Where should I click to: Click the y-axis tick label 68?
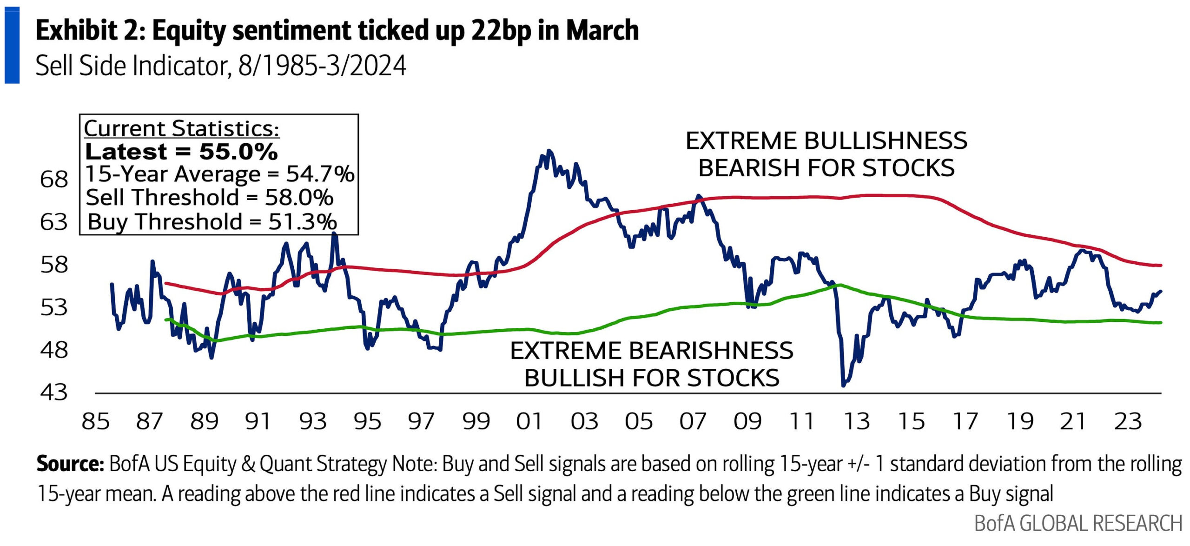(54, 180)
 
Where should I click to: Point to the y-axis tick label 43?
(54, 393)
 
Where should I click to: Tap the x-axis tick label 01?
(529, 421)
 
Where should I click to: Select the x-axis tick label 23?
(1128, 421)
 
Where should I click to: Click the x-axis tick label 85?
(95, 421)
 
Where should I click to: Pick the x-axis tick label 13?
(856, 421)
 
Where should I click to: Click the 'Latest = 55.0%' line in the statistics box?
(181, 152)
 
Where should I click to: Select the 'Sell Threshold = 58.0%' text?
(210, 198)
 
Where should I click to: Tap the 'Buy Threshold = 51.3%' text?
(212, 222)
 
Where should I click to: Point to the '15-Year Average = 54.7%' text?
(220, 174)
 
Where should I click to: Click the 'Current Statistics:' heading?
(181, 128)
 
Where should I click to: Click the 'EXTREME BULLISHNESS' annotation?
(826, 140)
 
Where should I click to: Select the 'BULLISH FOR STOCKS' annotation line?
(652, 378)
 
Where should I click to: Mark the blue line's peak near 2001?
(549, 151)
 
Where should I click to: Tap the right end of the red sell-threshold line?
(1161, 265)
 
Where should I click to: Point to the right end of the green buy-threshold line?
(1161, 322)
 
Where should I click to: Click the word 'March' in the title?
(602, 31)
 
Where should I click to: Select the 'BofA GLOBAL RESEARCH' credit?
(1078, 523)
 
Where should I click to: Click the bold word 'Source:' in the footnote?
(70, 464)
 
